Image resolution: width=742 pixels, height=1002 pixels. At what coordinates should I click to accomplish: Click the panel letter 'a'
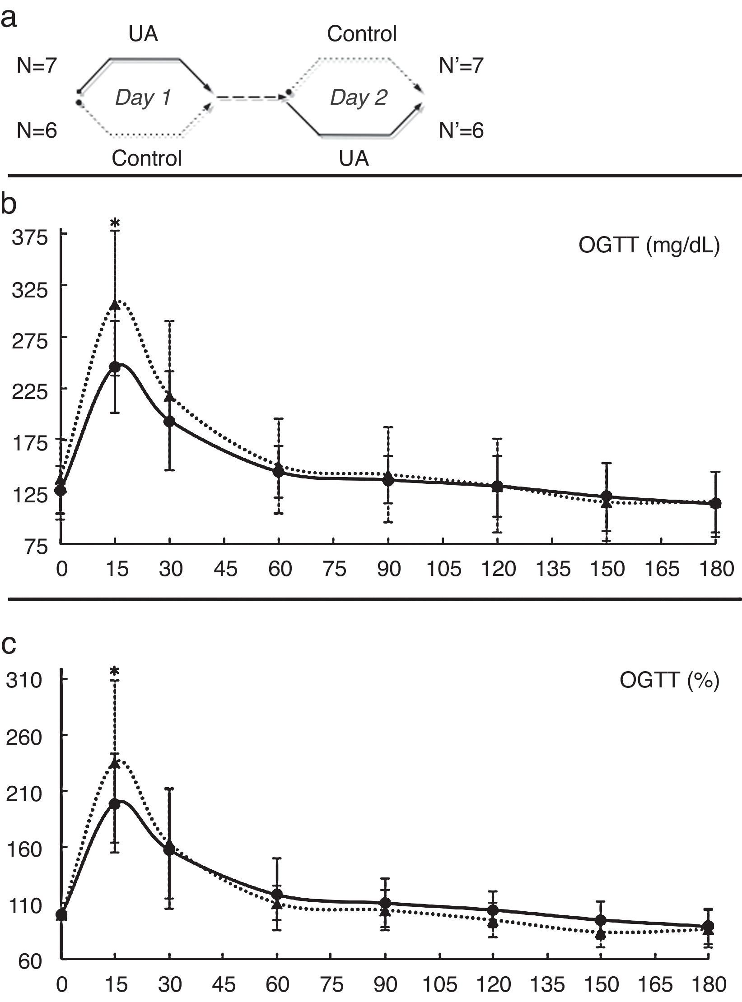pyautogui.click(x=9, y=19)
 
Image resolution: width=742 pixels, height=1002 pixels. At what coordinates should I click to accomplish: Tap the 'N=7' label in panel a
pyautogui.click(x=37, y=66)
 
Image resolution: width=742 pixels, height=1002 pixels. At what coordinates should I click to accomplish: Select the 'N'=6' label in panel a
pyautogui.click(x=461, y=131)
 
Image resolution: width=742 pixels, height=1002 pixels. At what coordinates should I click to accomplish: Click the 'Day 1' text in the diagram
pyautogui.click(x=143, y=97)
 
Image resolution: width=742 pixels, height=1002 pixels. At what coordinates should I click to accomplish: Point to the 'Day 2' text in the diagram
pyautogui.click(x=359, y=97)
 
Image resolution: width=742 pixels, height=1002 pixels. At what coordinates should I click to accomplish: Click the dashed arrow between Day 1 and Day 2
pyautogui.click(x=251, y=97)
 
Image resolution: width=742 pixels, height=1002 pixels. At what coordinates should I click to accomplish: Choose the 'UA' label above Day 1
pyautogui.click(x=143, y=34)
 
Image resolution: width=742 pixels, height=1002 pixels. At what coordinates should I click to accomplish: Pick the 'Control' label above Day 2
pyautogui.click(x=362, y=34)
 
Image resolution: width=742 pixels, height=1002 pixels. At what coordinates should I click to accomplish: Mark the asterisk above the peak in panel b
pyautogui.click(x=115, y=223)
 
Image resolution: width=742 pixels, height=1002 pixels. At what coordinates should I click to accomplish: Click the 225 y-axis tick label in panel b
pyautogui.click(x=30, y=389)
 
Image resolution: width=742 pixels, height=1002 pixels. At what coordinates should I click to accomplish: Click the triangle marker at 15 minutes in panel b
pyautogui.click(x=115, y=306)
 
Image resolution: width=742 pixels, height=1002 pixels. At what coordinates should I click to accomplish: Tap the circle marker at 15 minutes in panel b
pyautogui.click(x=115, y=366)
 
